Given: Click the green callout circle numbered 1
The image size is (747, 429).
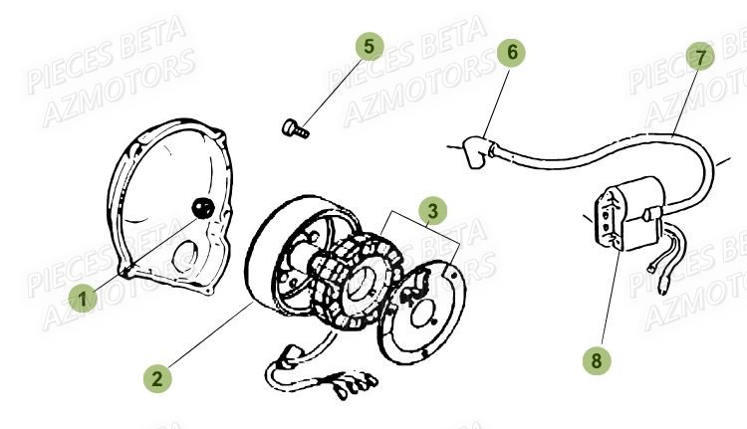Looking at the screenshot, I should click(84, 297).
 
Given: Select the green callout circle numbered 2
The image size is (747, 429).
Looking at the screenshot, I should click(156, 377).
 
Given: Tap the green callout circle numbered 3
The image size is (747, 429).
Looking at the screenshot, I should click(431, 210).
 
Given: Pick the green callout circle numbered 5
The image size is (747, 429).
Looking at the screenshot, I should click(370, 46).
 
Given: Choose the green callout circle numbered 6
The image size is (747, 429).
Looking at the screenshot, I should click(512, 53).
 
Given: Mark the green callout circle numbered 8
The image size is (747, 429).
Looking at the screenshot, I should click(597, 360).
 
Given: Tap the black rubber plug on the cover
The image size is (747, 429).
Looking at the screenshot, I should click(202, 207).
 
